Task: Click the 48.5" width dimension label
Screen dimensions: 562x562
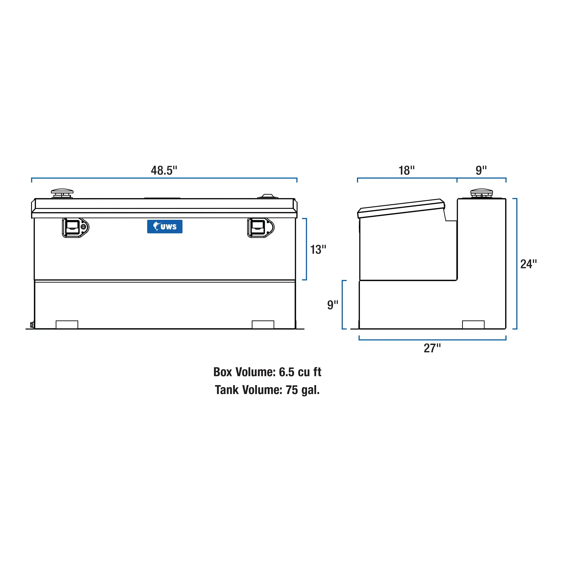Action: click(164, 170)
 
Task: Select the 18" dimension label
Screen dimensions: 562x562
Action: click(406, 170)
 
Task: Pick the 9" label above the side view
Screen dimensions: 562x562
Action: click(481, 170)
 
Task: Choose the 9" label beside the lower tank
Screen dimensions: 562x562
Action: click(333, 305)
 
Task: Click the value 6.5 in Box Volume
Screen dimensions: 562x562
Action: click(287, 372)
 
